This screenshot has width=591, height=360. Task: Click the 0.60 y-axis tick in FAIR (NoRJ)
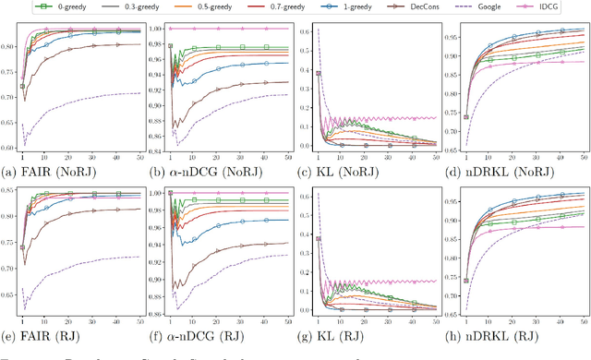[x=9, y=147]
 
